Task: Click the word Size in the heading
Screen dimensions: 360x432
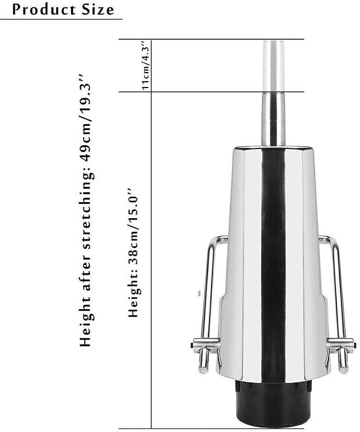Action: pyautogui.click(x=98, y=10)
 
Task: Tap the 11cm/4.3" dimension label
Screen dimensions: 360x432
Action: pyautogui.click(x=145, y=65)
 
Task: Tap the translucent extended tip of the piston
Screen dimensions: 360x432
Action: pyautogui.click(x=273, y=66)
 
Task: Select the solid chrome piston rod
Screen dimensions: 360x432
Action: pyautogui.click(x=273, y=119)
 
